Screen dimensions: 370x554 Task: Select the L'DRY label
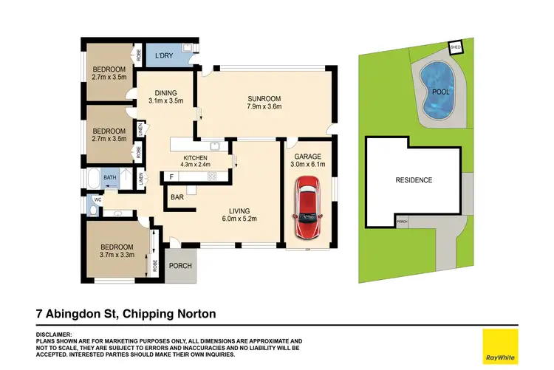(x=165, y=56)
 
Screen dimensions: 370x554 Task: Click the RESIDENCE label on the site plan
(x=414, y=180)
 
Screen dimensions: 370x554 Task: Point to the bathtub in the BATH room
(x=93, y=179)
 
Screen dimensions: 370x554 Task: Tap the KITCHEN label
(x=195, y=158)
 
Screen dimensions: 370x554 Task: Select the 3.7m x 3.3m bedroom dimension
(x=117, y=255)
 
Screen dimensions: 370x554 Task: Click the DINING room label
(x=165, y=92)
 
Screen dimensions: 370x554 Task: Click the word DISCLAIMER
(x=53, y=335)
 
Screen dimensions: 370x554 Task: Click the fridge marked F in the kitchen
(x=171, y=177)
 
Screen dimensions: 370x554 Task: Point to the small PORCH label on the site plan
(x=402, y=222)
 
